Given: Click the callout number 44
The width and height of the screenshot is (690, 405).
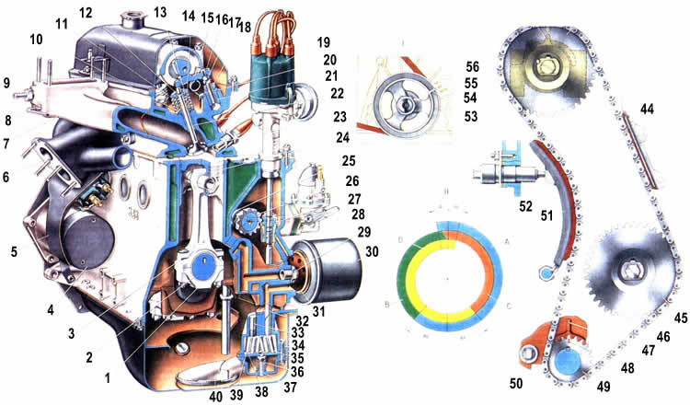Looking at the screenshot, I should click(647, 110).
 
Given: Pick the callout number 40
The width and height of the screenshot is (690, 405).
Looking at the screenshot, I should click(216, 396).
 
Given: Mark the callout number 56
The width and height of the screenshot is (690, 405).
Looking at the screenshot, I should click(473, 67).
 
